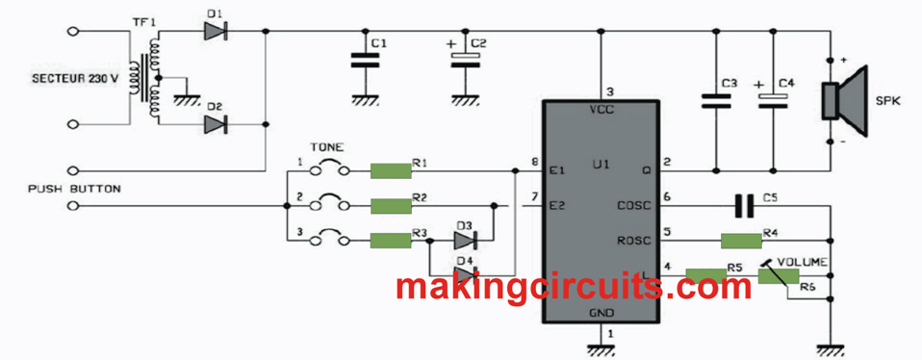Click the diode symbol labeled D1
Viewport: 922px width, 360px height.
pos(215,31)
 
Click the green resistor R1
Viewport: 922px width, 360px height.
pos(391,170)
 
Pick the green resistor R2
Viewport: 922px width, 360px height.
pos(391,205)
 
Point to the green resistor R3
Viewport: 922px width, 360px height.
pos(391,240)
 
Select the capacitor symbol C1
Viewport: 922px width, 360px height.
pos(363,60)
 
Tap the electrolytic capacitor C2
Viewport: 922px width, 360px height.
pos(466,60)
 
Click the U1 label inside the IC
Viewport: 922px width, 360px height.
pos(602,165)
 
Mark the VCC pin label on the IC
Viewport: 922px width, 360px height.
pos(602,110)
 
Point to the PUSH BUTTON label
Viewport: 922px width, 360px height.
pos(74,190)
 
